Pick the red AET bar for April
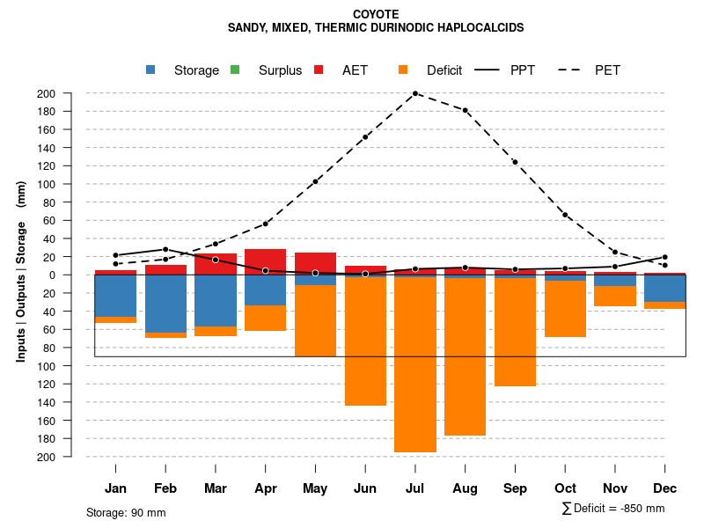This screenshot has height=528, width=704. click(265, 261)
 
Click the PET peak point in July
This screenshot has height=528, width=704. click(415, 93)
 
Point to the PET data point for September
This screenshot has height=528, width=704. click(515, 162)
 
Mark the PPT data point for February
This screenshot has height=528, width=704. click(165, 249)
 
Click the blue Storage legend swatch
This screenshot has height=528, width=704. click(151, 70)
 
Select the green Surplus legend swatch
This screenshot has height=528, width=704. click(235, 70)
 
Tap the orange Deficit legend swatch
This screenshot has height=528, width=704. click(403, 70)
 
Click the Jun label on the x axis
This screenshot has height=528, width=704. click(365, 488)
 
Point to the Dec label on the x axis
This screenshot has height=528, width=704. click(664, 488)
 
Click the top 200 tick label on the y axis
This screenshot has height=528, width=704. click(71, 94)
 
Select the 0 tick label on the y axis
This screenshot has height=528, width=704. click(77, 275)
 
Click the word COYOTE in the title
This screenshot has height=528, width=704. click(376, 14)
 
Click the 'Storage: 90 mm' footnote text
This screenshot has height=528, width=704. click(126, 512)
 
